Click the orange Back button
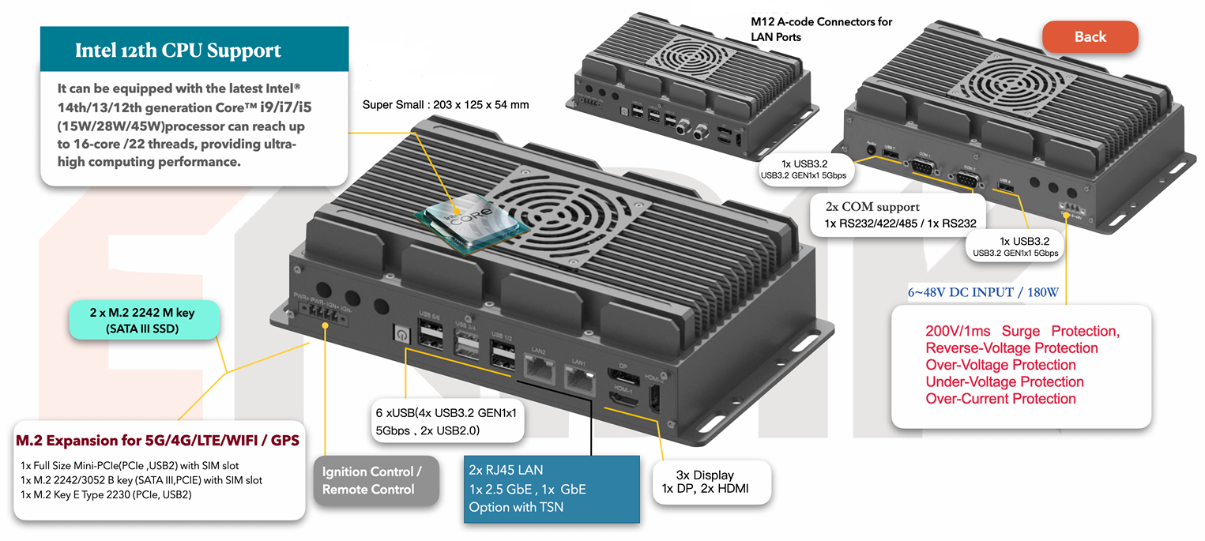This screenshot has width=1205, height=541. pos(1090,37)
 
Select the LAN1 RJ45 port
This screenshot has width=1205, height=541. pos(579,380)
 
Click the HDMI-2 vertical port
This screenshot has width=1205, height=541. pos(653,396)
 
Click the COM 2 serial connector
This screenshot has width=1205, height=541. pos(967,178)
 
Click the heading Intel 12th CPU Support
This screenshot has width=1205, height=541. pos(178,51)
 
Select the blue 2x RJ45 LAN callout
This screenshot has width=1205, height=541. pos(551,489)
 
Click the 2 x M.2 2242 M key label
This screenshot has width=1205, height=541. pos(143,321)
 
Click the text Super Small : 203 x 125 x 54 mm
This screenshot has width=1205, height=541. pos(446,104)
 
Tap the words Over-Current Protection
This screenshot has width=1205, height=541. pos(1000,398)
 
